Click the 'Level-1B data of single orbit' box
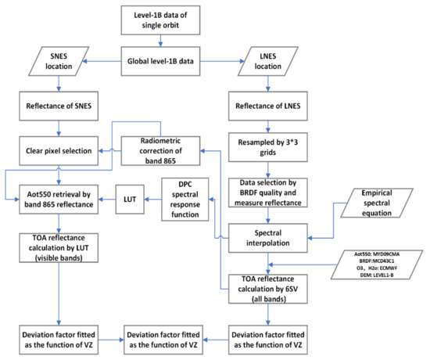(x=160, y=20)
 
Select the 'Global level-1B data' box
(x=160, y=61)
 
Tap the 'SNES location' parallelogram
(x=59, y=61)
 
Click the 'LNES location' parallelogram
(x=268, y=61)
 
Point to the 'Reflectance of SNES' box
(x=59, y=106)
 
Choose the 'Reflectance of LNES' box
(x=268, y=106)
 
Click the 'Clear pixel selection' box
(x=59, y=151)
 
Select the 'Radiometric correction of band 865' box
(x=160, y=151)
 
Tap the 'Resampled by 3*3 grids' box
(x=268, y=147)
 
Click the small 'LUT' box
(x=130, y=200)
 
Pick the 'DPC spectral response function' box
(x=185, y=200)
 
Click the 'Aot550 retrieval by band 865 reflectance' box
(x=59, y=200)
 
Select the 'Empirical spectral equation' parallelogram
(x=377, y=203)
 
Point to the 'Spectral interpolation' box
(x=268, y=238)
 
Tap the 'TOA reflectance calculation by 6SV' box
(x=268, y=289)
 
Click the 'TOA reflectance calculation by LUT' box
(x=59, y=248)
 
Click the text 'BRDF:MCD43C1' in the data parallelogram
(x=377, y=261)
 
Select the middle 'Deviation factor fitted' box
(x=163, y=340)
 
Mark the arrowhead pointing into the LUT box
(x=147, y=200)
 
